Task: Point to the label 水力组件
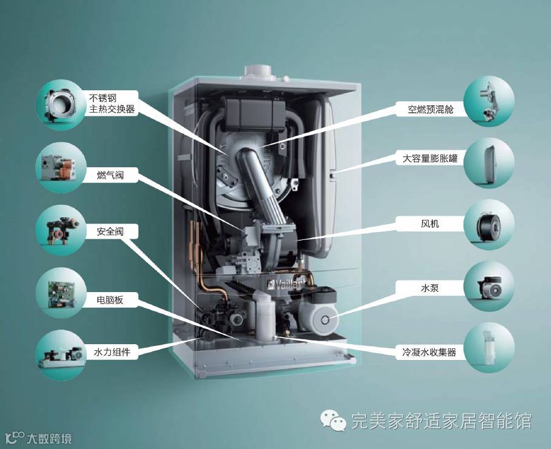pos(112,351)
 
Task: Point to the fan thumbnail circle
pos(489,224)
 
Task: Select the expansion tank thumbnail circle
pos(489,161)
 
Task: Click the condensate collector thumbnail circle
pos(489,347)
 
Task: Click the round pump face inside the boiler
pos(327,319)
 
